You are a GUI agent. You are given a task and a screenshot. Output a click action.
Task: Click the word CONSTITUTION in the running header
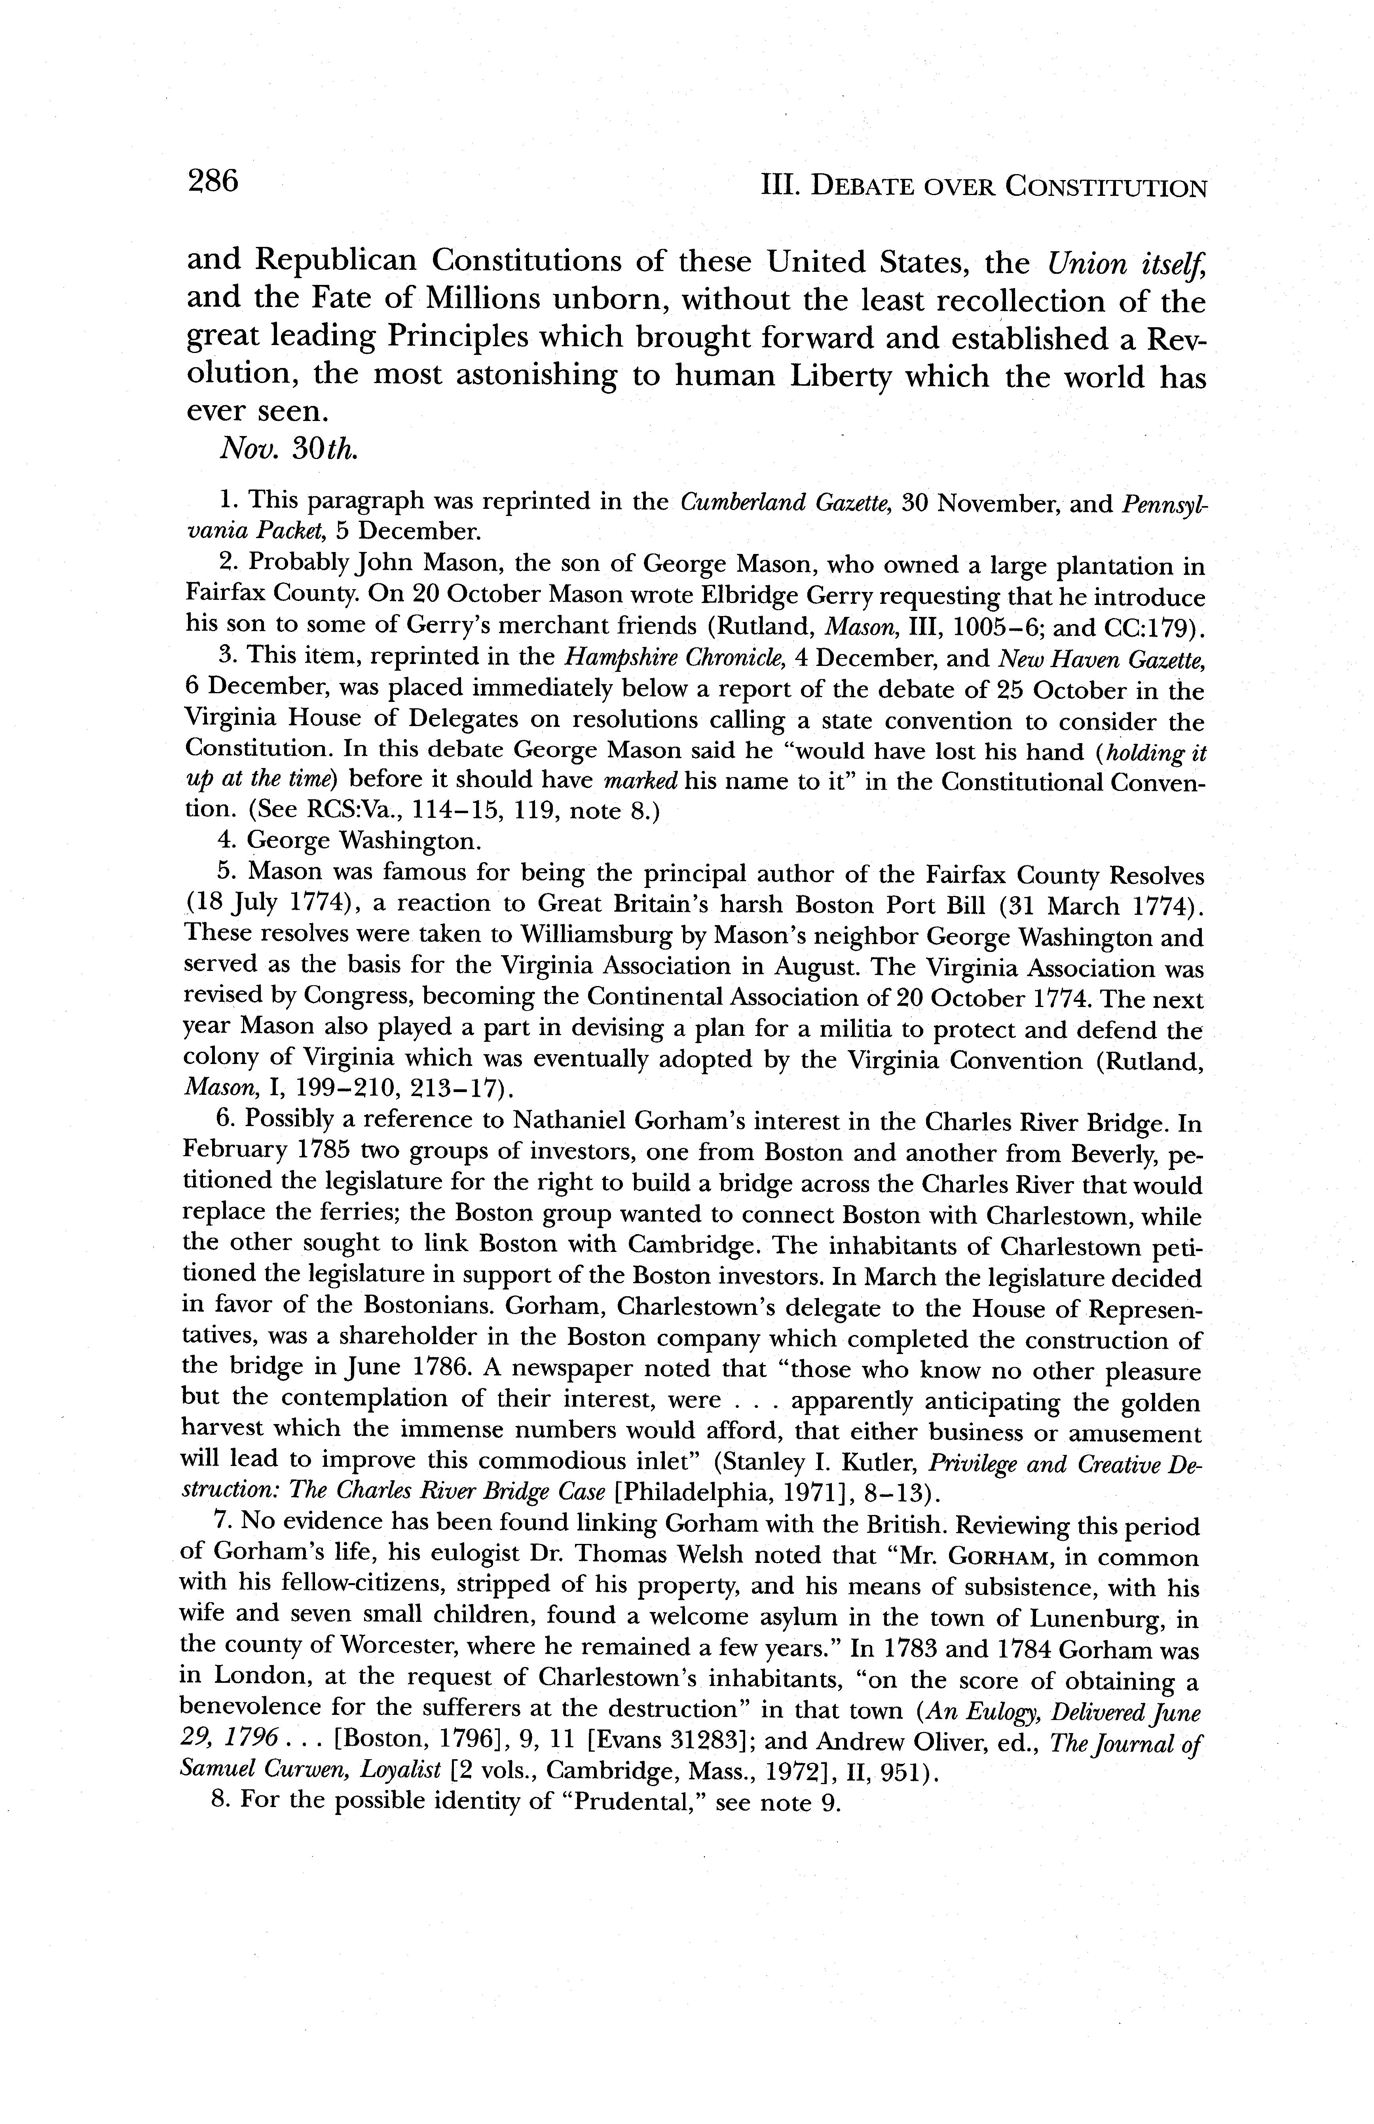click(1106, 188)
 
